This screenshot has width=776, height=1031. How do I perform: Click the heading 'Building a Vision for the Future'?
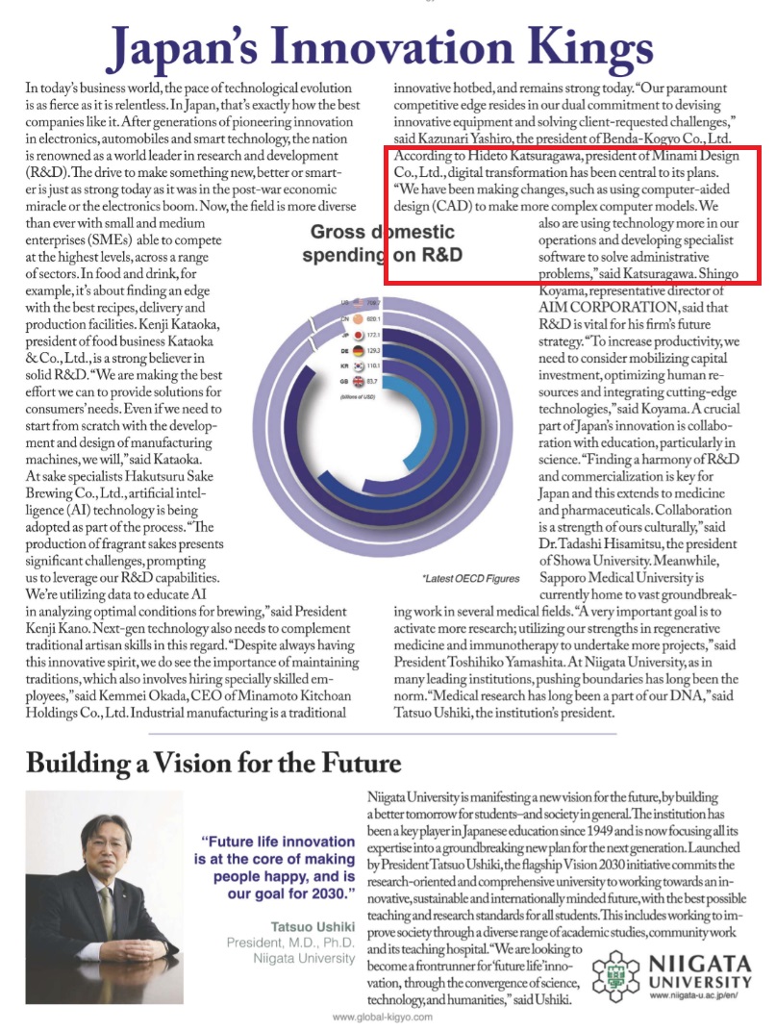coord(213,765)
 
